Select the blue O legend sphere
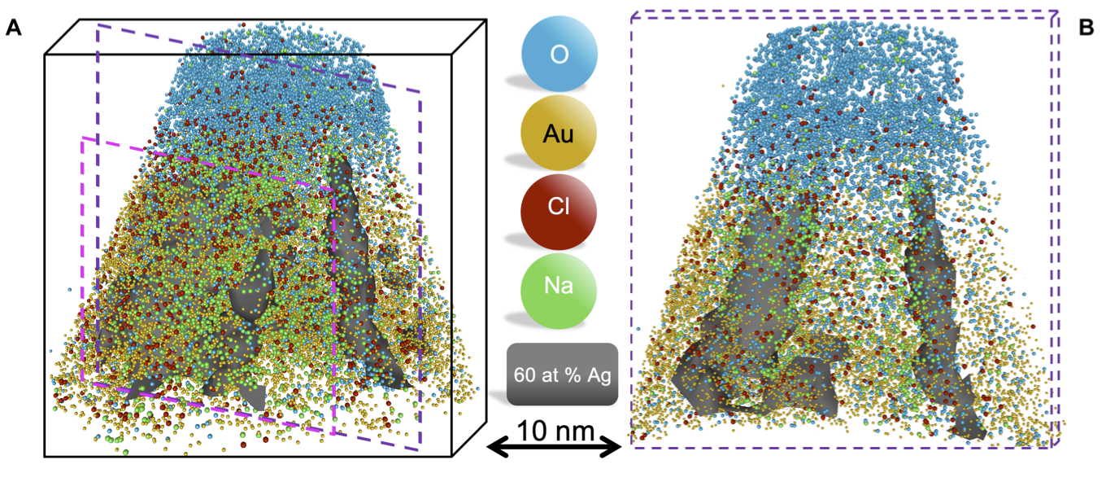559,55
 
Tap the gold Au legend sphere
559,132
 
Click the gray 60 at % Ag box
562,375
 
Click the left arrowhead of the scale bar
490,446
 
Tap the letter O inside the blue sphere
559,55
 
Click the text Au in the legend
559,133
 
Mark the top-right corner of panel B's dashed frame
1057,12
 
